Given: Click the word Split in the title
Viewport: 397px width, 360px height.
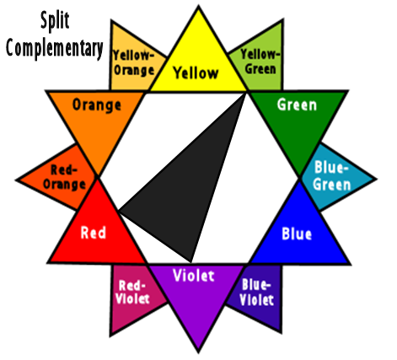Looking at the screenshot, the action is pos(55,20).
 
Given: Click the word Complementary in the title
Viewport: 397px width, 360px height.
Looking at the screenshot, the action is pos(55,48).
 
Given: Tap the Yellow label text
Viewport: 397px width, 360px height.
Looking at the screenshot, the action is pos(196,73).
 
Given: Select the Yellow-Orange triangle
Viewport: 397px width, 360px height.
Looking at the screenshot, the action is pos(132,61).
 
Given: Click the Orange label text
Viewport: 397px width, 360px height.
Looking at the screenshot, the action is pos(97,105).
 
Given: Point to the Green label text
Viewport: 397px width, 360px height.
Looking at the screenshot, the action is pos(297,105).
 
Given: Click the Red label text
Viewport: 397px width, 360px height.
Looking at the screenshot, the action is pos(94,233).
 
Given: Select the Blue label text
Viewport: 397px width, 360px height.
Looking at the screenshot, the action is pos(297,234).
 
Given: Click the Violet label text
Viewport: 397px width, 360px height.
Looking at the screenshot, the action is pos(194,275).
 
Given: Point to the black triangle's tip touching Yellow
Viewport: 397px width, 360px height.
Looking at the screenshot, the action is pos(245,94).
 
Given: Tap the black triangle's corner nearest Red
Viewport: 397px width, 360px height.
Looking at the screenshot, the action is pos(119,210).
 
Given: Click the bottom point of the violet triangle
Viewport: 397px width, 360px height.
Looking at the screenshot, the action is pos(198,352).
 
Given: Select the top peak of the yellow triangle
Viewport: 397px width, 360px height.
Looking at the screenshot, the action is pos(198,6).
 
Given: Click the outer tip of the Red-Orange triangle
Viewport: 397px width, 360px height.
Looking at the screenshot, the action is pos(16,180).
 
